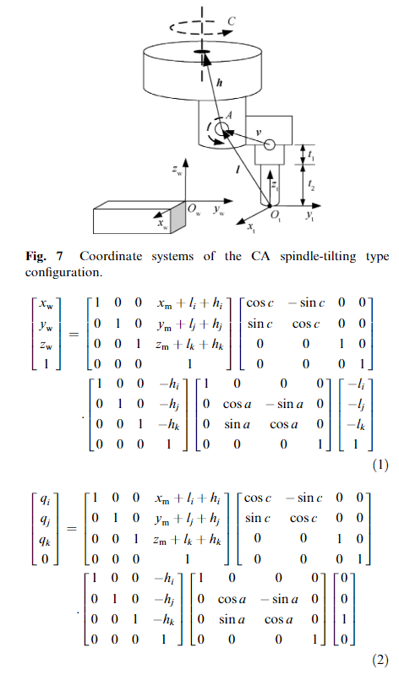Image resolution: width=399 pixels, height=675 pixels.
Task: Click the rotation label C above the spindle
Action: coord(232,21)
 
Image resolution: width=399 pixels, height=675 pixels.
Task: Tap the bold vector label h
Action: coord(219,82)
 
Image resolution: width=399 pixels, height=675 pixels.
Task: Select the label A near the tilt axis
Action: coord(229,115)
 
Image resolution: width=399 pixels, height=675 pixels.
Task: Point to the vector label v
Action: coord(258,132)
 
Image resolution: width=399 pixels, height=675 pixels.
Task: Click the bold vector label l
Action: coord(238,170)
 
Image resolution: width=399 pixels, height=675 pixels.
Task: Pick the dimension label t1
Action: coord(311,155)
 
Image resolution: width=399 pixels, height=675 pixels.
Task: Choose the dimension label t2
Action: coord(311,185)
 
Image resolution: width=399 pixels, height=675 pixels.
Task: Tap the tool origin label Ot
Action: coord(276,215)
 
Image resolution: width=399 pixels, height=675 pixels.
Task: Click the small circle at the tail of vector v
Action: coord(270,144)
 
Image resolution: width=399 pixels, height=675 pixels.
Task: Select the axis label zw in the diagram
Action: coord(177,170)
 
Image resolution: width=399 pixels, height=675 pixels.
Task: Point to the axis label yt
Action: coord(309,215)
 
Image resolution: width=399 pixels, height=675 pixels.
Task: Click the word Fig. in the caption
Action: coord(36,257)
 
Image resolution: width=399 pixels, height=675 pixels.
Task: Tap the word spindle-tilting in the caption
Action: coord(318,257)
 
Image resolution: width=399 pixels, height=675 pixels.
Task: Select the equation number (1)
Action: coord(380,465)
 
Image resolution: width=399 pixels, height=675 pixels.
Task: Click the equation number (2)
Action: coord(380,660)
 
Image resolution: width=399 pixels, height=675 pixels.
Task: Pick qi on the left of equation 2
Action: coord(45,499)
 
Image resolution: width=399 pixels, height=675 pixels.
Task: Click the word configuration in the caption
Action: coord(63,273)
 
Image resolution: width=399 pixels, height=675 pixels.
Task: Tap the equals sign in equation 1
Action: coord(74,334)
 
